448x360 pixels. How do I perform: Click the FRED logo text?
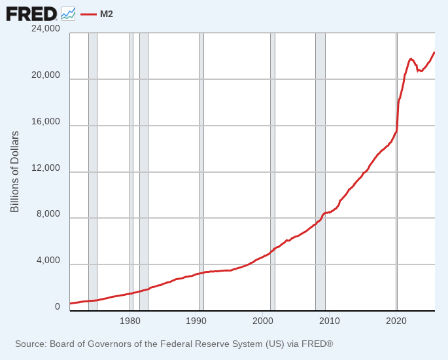click(x=31, y=13)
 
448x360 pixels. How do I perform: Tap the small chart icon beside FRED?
click(x=68, y=13)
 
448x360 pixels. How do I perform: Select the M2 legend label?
click(x=107, y=14)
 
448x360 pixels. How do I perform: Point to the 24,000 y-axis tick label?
click(x=46, y=29)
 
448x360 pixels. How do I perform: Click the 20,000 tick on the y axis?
click(x=46, y=75)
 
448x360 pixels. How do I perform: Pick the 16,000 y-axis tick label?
click(x=46, y=122)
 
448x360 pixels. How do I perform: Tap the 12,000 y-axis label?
click(x=46, y=168)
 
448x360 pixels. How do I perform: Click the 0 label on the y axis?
click(x=57, y=306)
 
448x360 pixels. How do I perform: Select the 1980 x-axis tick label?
click(x=130, y=321)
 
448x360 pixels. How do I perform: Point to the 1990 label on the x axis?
click(x=196, y=321)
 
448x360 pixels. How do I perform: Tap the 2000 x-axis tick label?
click(x=263, y=321)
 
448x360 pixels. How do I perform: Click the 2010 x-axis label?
click(x=330, y=321)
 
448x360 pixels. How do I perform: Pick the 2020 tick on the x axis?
click(x=396, y=321)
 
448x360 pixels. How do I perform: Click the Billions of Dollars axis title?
click(x=14, y=171)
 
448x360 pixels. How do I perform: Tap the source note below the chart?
click(x=174, y=344)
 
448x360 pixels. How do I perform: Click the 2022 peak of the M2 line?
click(x=411, y=59)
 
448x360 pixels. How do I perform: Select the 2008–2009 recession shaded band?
click(x=320, y=170)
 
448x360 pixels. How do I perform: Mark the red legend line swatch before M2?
click(x=88, y=14)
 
